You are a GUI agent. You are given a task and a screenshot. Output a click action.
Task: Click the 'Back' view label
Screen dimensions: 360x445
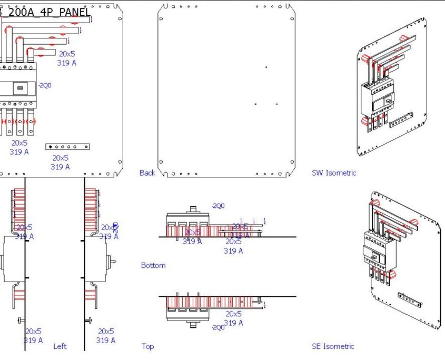pos(147,173)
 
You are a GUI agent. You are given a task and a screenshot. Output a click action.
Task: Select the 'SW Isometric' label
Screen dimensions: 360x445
pos(334,173)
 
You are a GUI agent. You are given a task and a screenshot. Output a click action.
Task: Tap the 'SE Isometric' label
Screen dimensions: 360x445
pos(333,346)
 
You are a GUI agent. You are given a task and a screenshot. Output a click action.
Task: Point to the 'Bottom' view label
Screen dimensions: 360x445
pos(153,265)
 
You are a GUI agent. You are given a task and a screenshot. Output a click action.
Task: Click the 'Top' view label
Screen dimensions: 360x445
pos(147,346)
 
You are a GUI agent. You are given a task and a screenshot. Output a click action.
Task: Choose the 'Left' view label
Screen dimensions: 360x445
pos(60,346)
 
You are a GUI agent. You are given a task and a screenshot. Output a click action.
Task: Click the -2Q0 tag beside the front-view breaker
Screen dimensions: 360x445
pos(45,85)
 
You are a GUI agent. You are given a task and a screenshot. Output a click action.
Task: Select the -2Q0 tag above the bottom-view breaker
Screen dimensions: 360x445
pos(218,206)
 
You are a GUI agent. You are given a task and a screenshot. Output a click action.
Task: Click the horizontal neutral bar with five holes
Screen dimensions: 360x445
pos(68,147)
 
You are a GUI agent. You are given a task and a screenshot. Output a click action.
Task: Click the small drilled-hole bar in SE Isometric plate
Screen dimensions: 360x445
pos(409,299)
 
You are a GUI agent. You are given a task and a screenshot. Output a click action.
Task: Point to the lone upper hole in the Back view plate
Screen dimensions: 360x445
pos(266,67)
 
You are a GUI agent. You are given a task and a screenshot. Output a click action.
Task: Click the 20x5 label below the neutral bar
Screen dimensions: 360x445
pos(60,157)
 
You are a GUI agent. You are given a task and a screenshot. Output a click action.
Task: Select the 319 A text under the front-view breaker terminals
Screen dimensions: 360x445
pos(19,152)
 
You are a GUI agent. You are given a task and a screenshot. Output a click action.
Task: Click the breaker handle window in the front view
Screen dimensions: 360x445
pos(19,89)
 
